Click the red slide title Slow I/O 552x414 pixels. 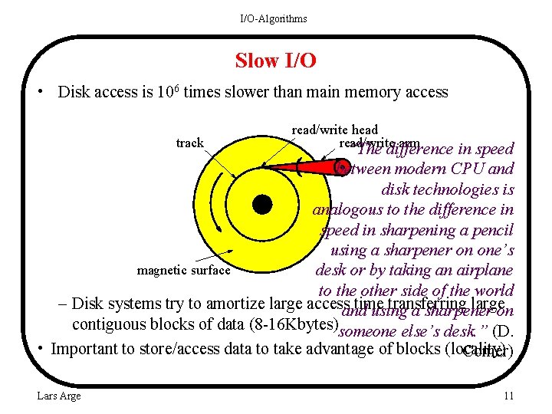(275, 60)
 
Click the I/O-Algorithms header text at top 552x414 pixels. (274, 18)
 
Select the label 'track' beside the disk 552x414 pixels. (189, 143)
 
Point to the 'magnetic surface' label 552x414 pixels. (183, 270)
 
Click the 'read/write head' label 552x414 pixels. (334, 130)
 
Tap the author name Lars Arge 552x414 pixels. (58, 396)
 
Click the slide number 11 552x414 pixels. (508, 396)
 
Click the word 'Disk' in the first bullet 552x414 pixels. (74, 93)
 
